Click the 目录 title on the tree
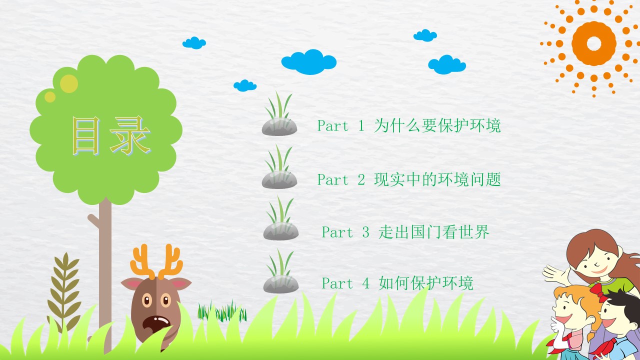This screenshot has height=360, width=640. [111, 135]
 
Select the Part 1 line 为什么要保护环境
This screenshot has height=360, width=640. [409, 125]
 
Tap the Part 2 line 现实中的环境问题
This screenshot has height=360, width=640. [409, 179]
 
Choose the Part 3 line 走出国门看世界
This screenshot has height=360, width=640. [405, 231]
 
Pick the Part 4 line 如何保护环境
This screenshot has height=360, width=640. [397, 283]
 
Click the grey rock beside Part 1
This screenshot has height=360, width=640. [279, 126]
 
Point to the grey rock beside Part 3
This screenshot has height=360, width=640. [281, 231]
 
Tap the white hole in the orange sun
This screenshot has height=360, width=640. [594, 43]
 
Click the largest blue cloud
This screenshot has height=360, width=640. [309, 62]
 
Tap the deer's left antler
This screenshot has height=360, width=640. [141, 261]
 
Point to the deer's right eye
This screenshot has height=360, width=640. [165, 300]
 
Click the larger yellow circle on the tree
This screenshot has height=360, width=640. [69, 83]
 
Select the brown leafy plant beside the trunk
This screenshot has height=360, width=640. [65, 292]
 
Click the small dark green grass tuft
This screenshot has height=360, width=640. [221, 311]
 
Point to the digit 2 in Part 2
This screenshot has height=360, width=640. [361, 179]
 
